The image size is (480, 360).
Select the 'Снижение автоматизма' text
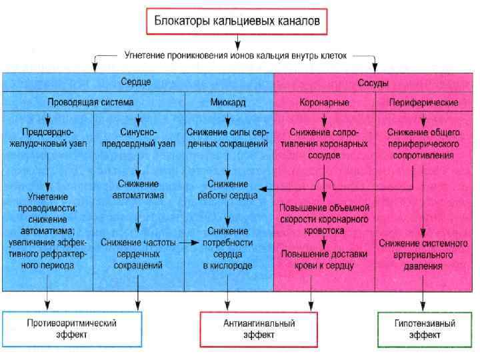tap(137, 189)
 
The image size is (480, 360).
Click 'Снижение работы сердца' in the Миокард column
tap(227, 189)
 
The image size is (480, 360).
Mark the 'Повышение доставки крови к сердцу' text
tap(323, 259)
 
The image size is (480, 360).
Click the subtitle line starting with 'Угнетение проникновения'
tap(236, 56)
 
